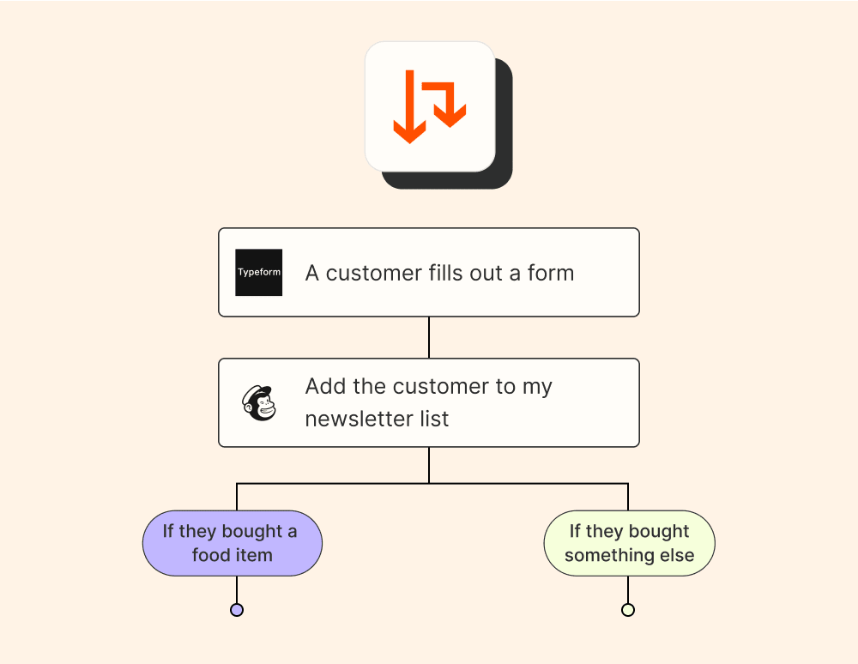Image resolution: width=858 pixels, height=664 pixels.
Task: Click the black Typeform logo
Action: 258,273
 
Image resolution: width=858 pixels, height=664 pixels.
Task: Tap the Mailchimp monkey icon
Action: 259,402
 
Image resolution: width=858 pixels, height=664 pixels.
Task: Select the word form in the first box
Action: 551,273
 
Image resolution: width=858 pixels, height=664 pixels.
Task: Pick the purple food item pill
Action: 232,543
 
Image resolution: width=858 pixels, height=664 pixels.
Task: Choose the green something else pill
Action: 629,543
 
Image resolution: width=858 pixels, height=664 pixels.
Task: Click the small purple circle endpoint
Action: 237,610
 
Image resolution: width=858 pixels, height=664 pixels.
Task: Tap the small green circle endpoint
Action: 628,610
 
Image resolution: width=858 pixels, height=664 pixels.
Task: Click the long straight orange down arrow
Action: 409,108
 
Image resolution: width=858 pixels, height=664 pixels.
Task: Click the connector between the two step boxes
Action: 429,337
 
